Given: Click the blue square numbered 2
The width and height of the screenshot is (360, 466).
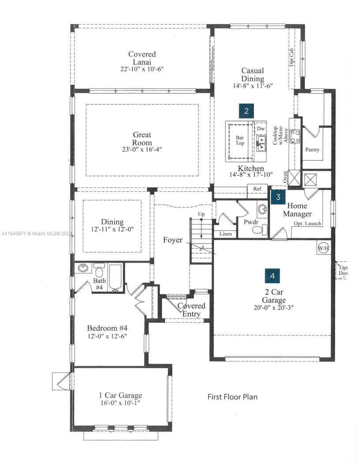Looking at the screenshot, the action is pyautogui.click(x=246, y=111).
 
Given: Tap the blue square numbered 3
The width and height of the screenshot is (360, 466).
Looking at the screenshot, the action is pyautogui.click(x=278, y=197).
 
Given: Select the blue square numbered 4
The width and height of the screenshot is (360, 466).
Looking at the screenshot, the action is pyautogui.click(x=272, y=276).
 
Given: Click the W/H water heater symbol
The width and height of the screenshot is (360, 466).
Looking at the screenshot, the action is pyautogui.click(x=323, y=248).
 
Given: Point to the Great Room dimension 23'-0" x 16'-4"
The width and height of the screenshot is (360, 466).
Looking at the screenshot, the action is pyautogui.click(x=142, y=150).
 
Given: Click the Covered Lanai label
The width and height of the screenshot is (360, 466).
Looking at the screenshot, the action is pyautogui.click(x=142, y=58).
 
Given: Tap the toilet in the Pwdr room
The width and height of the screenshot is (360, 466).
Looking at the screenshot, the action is pyautogui.click(x=259, y=230).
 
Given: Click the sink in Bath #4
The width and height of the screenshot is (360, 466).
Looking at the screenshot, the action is pyautogui.click(x=83, y=268).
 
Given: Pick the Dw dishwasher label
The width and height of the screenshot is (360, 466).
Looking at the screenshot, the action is pyautogui.click(x=260, y=129).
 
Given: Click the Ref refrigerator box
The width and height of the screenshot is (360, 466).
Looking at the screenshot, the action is pyautogui.click(x=257, y=191).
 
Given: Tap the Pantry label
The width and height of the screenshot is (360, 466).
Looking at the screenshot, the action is pyautogui.click(x=312, y=150).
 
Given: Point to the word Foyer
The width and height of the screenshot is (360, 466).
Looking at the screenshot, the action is pyautogui.click(x=172, y=240).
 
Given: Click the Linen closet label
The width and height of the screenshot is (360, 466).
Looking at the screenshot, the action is pyautogui.click(x=226, y=234).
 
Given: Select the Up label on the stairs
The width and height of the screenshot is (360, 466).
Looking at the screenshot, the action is pyautogui.click(x=201, y=214).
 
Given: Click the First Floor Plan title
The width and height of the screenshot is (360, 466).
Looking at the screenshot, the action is pyautogui.click(x=232, y=397).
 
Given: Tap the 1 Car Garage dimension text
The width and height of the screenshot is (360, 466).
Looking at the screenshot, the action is pyautogui.click(x=120, y=403).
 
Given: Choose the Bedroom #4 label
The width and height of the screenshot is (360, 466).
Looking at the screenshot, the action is pyautogui.click(x=107, y=328).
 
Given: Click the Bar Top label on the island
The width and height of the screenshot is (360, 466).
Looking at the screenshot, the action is pyautogui.click(x=240, y=140).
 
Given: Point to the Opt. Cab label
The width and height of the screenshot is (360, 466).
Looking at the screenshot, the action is pyautogui.click(x=292, y=57).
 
